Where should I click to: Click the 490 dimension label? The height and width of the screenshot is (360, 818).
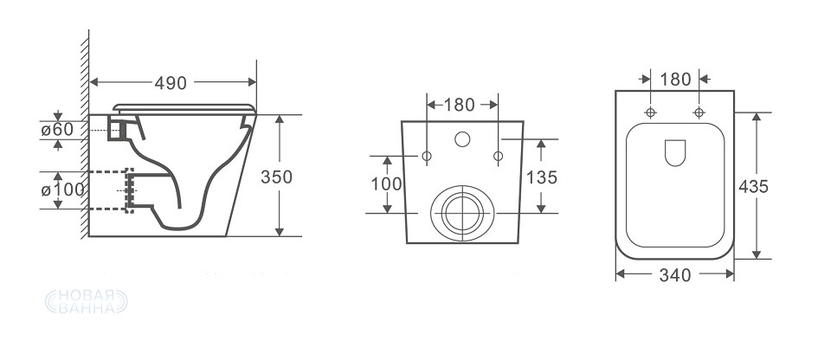pos(170,83)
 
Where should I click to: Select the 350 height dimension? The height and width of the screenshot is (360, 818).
pos(276,177)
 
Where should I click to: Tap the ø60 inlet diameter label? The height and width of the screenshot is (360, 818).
pos(57,130)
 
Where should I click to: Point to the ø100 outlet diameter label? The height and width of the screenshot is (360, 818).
pos(62,190)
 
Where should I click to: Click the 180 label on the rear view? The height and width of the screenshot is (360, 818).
pos(459,105)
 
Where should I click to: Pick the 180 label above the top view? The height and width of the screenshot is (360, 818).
pos(675,80)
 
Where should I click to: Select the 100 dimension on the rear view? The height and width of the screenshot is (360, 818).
pos(387,184)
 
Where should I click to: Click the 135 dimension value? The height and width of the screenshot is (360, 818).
pos(542,178)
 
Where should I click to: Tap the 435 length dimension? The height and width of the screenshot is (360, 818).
pos(753,186)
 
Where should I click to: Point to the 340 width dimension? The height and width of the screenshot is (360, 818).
pos(675,275)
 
